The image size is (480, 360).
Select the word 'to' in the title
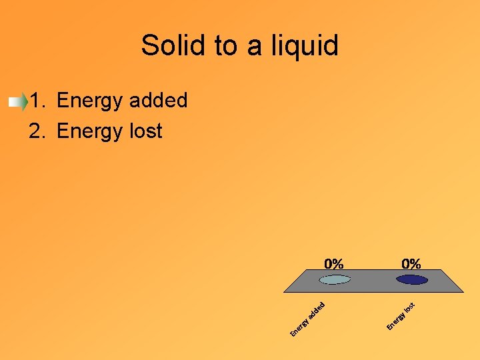pyautogui.click(x=226, y=46)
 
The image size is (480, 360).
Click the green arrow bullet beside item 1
pyautogui.click(x=18, y=102)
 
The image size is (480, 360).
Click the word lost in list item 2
pyautogui.click(x=147, y=131)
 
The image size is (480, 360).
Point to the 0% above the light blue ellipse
pyautogui.click(x=334, y=264)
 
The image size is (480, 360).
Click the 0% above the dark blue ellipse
pyautogui.click(x=411, y=264)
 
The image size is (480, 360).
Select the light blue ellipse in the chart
pyautogui.click(x=334, y=279)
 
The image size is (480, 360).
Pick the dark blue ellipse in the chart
pyautogui.click(x=411, y=279)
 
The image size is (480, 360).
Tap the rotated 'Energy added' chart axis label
pyautogui.click(x=307, y=319)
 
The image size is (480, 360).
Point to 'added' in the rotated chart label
pyautogui.click(x=317, y=309)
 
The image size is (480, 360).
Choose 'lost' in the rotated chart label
pyautogui.click(x=411, y=307)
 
